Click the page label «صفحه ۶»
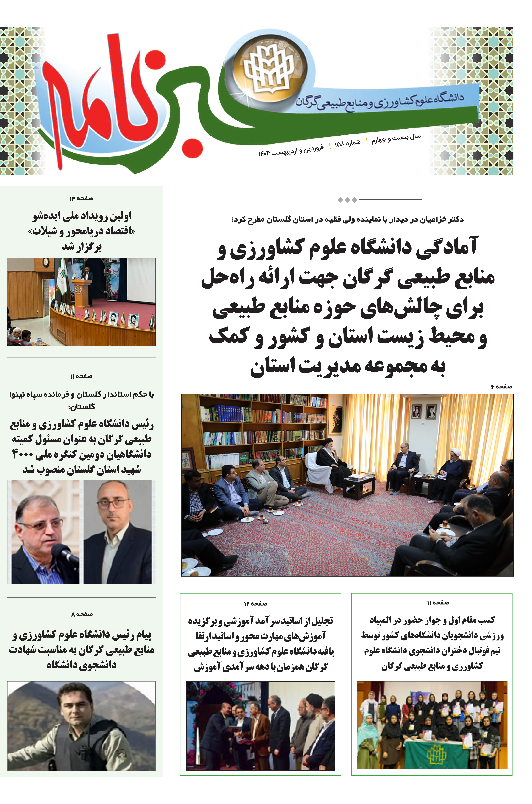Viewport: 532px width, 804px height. [501, 387]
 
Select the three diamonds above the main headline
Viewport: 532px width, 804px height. [347, 200]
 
